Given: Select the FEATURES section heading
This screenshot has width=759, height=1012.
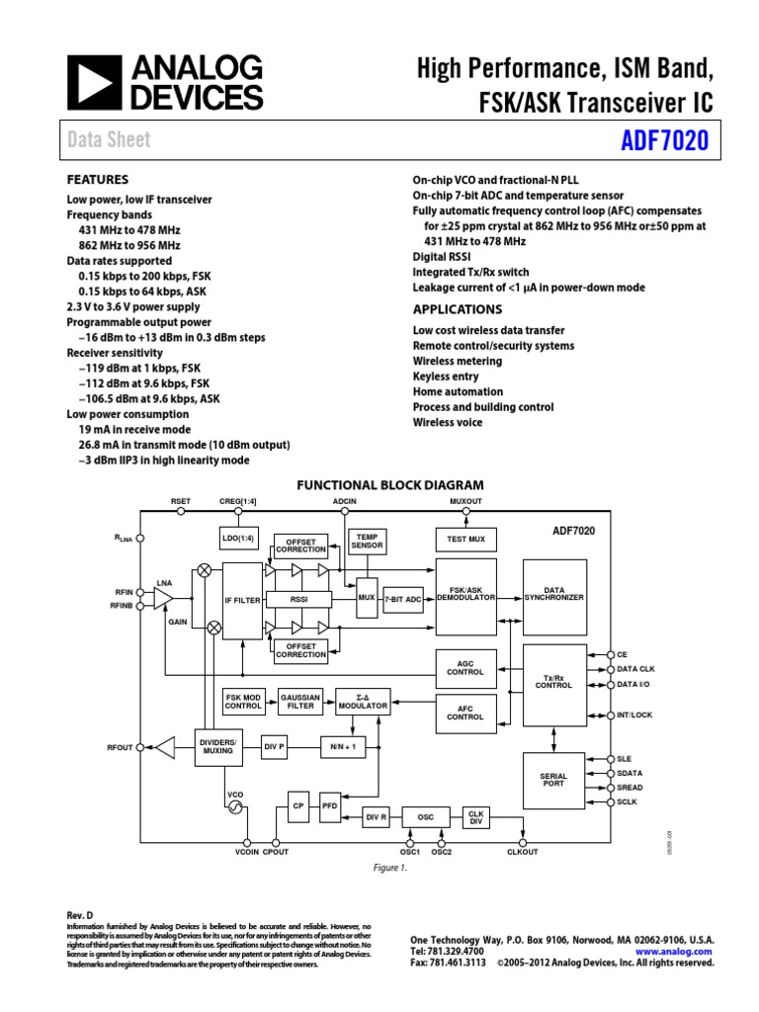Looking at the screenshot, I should point(97,180).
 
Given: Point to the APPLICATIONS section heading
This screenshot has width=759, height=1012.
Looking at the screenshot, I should point(453,307).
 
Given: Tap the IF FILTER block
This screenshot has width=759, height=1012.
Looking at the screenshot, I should point(242,600).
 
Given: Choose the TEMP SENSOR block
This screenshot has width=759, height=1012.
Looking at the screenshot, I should point(367,541).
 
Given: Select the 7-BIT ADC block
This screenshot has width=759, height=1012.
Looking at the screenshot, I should point(403,599).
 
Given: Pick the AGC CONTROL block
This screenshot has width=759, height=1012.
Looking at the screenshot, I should point(465,667).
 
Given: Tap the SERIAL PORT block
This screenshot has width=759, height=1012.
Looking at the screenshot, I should point(553,782).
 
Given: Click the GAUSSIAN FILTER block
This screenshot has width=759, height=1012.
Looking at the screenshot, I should point(300,702).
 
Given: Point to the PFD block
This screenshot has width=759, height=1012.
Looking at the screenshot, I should point(329,806).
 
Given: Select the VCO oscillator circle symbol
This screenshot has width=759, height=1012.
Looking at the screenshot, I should point(236,806).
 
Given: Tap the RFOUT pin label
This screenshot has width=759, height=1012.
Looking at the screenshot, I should point(120,748).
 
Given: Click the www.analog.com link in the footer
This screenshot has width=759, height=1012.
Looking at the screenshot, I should point(681,951).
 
